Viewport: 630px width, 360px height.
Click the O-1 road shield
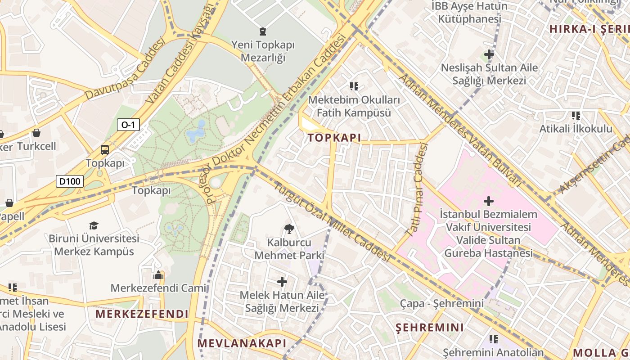tap(128, 125)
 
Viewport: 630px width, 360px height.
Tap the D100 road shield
tap(70, 181)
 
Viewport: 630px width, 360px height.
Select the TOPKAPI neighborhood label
tap(334, 138)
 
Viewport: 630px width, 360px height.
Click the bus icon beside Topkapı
tap(105, 150)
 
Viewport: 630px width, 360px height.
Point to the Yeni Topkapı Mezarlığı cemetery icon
tap(262, 31)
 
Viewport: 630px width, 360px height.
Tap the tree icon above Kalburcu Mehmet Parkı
tap(289, 229)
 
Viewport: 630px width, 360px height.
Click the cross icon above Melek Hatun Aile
tap(282, 282)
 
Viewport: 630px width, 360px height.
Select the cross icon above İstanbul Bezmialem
tap(488, 201)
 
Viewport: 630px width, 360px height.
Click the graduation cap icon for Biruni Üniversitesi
tap(94, 225)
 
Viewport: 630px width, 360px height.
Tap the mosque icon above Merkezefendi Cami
tap(158, 275)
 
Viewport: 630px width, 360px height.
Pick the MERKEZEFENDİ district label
tap(142, 314)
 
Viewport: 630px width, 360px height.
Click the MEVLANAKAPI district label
tap(242, 343)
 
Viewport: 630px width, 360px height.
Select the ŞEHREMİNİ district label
tap(429, 328)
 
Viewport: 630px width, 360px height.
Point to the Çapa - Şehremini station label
tap(442, 304)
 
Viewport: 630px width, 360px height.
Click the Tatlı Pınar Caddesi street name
tap(417, 189)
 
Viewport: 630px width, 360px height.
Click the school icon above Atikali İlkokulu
tap(576, 116)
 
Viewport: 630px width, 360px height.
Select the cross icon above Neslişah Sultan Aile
tap(489, 55)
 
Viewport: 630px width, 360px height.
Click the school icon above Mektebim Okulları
tap(354, 86)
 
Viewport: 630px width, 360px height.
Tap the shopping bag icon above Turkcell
tap(36, 133)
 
